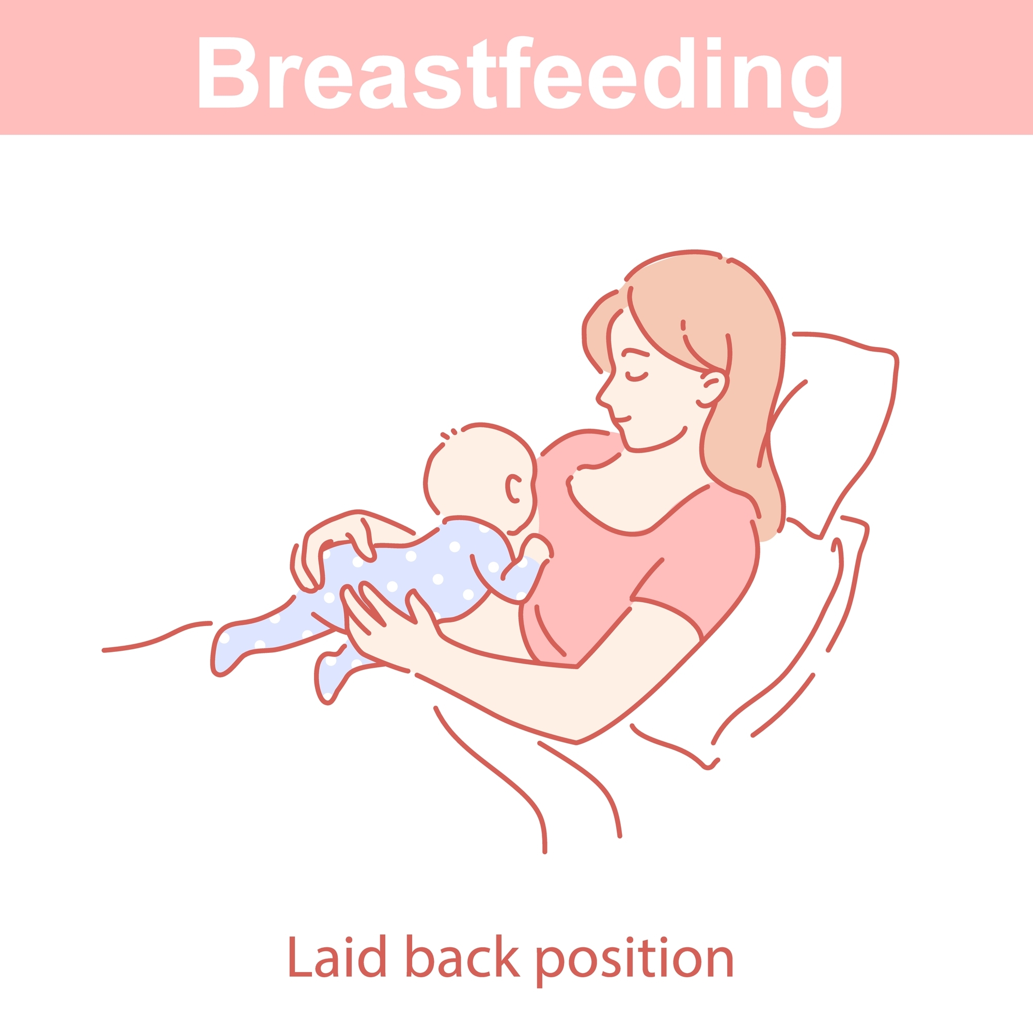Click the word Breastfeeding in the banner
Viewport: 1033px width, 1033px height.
516,74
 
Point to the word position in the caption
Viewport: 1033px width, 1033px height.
634,960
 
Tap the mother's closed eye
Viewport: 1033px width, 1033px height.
637,377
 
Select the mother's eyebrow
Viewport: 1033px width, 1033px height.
635,352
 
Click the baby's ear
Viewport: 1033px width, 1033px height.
513,489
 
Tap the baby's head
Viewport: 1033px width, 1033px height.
481,471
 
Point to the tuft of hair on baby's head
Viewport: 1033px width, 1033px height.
448,434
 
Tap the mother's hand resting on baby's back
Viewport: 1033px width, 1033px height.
342,540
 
